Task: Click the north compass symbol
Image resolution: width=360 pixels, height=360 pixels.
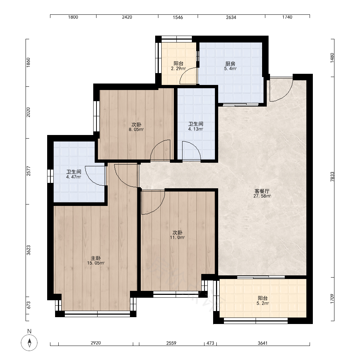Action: [29, 343]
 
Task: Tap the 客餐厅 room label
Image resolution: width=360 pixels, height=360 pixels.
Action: [262, 191]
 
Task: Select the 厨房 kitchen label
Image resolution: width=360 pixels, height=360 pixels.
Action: [230, 64]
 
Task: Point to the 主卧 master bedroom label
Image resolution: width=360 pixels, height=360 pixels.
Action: [96, 258]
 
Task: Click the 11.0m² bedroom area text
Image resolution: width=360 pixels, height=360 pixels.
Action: [177, 238]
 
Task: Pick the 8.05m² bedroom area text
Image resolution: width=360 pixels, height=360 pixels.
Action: [136, 130]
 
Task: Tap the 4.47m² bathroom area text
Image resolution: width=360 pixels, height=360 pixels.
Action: [74, 177]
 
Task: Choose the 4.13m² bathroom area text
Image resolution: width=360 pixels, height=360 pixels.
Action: [195, 129]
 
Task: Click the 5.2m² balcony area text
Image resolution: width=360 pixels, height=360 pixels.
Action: [263, 303]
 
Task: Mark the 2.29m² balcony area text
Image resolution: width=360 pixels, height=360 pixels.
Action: [179, 68]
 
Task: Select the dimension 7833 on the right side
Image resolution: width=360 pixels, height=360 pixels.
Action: [332, 177]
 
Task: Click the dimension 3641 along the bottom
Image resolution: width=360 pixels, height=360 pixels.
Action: [262, 343]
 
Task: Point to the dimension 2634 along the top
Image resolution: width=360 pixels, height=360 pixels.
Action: [231, 17]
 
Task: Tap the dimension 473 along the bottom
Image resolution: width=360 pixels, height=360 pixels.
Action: [210, 343]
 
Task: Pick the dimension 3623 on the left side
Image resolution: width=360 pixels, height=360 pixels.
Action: [28, 250]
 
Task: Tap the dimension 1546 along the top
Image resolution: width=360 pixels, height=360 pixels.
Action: [178, 17]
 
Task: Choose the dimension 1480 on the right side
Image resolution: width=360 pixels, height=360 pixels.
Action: [332, 58]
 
